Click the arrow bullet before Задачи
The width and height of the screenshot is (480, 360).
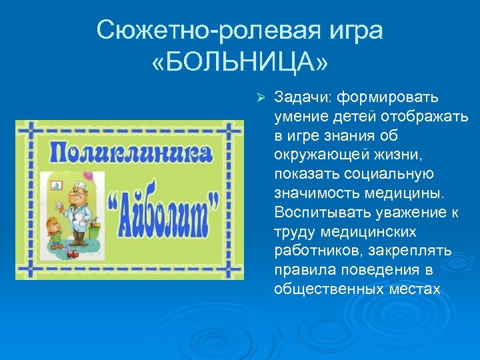261,97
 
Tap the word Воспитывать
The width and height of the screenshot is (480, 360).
318,212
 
